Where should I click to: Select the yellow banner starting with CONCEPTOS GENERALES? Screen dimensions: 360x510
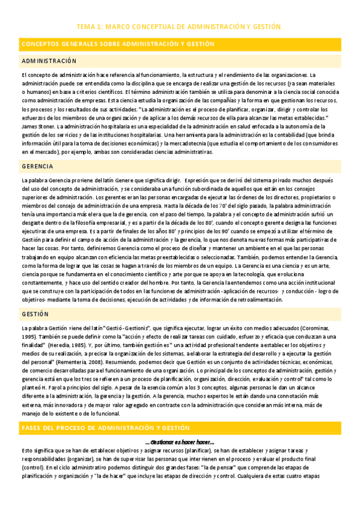tap(118, 45)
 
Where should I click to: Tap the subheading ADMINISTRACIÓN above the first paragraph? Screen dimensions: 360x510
tap(49, 61)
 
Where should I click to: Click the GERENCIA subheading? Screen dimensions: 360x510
tap(38, 165)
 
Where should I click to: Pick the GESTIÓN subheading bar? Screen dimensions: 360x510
tap(35, 314)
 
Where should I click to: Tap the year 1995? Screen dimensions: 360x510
tap(28, 337)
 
